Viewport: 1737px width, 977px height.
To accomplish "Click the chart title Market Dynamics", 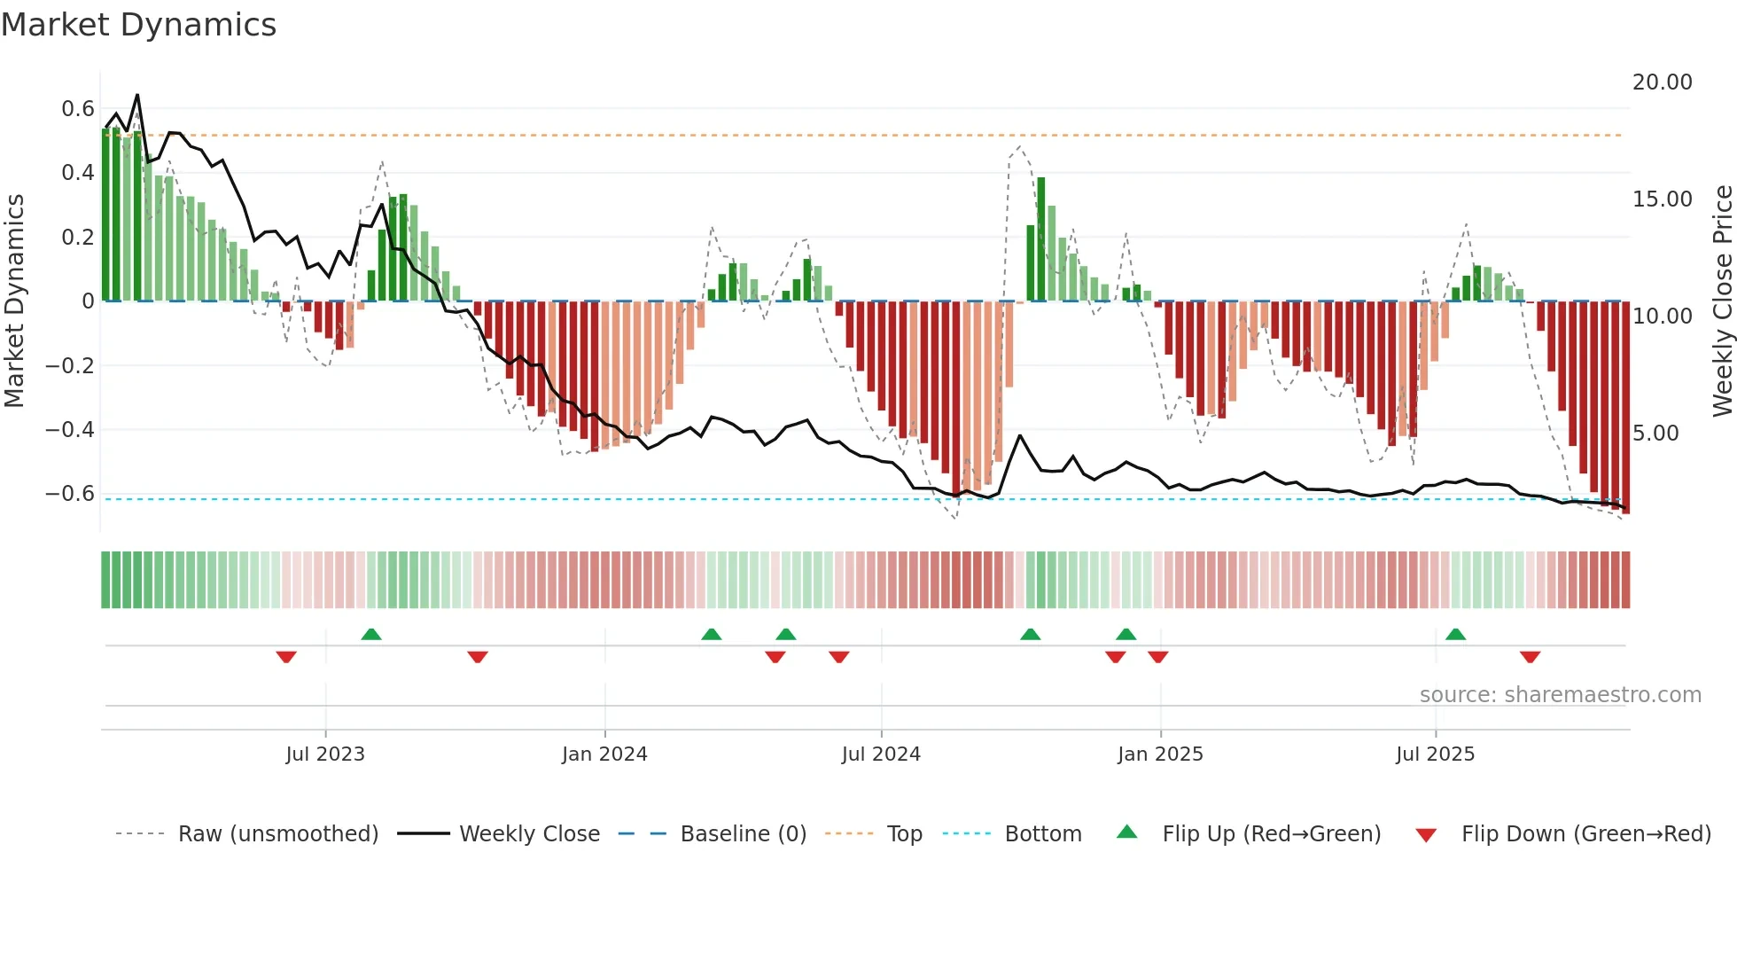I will [x=138, y=25].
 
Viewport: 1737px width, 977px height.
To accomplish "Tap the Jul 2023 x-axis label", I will [x=325, y=754].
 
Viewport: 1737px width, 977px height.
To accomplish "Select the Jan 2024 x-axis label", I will [x=604, y=754].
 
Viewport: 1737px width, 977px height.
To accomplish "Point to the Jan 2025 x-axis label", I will [x=1160, y=754].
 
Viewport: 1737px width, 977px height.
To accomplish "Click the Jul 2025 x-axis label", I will [x=1435, y=754].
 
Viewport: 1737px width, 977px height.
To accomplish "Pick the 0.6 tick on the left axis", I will [x=78, y=109].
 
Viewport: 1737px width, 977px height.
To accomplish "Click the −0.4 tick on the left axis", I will [x=70, y=430].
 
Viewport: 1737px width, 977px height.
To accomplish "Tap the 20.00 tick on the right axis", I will [x=1662, y=82].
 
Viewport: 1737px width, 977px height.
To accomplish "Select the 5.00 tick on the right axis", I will [x=1655, y=434].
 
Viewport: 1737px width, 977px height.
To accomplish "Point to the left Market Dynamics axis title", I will [x=14, y=301].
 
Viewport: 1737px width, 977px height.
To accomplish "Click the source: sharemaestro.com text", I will [x=1560, y=695].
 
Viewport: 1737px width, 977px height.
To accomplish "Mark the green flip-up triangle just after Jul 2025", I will [x=1455, y=635].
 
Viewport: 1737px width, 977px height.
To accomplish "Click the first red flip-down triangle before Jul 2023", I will [x=285, y=657].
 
